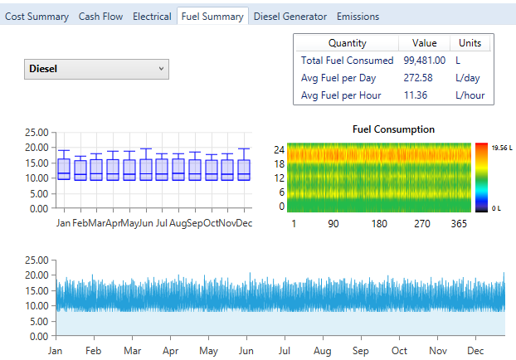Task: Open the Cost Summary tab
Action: [37, 17]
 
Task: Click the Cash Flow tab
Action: [100, 17]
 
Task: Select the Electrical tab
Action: [152, 17]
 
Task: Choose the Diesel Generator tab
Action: [290, 17]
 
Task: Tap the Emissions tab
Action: [358, 17]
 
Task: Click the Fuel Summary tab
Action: [212, 17]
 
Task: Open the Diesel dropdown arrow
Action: [161, 69]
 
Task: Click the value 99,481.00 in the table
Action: [425, 61]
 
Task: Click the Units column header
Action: [470, 43]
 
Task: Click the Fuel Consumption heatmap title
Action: [393, 129]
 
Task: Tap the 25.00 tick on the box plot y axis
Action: [36, 132]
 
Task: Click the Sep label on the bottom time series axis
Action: [362, 351]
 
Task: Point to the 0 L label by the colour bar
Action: [497, 208]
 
